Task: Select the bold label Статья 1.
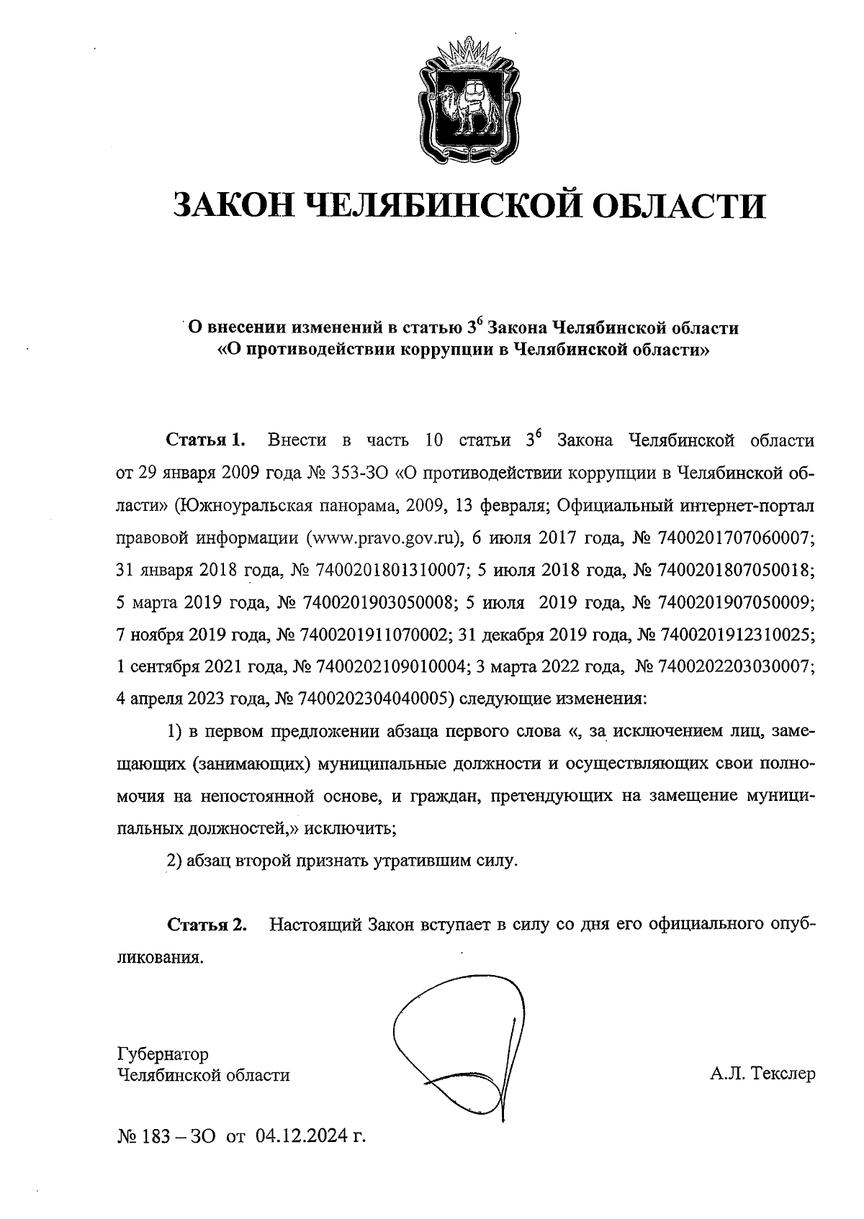tap(206, 440)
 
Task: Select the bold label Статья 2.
tap(206, 924)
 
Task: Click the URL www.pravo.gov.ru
tap(382, 538)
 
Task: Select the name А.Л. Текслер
tap(762, 1075)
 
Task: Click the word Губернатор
tap(163, 1054)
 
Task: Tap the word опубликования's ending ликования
tap(158, 957)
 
